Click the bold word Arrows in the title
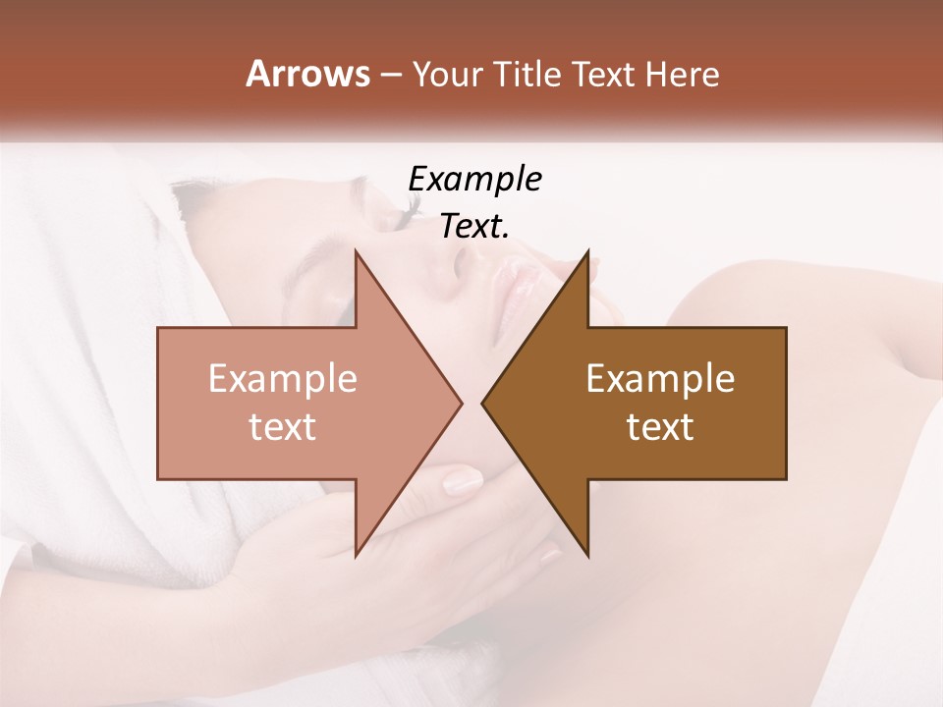coord(307,74)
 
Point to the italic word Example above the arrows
coord(474,179)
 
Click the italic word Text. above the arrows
coord(474,227)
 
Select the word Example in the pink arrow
coord(283,378)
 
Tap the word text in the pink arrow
coord(283,426)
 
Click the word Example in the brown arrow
coord(660,378)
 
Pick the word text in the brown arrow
coord(660,426)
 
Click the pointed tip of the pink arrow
coord(460,403)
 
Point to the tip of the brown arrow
coord(484,403)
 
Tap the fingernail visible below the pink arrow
coord(463,482)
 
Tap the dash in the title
coord(389,75)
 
